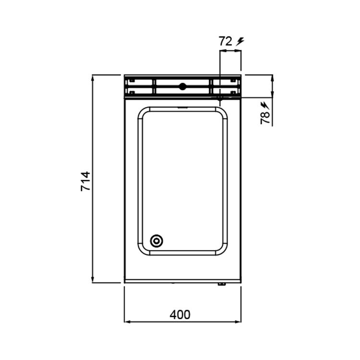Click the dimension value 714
tap(85, 181)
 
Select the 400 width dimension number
tap(180, 314)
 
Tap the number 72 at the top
tap(226, 41)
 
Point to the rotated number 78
tap(265, 118)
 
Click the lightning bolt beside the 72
tap(240, 42)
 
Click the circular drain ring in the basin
tap(156, 241)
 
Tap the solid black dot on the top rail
tap(182, 86)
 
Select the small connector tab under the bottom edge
tap(222, 284)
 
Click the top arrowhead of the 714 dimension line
tap(93, 78)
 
